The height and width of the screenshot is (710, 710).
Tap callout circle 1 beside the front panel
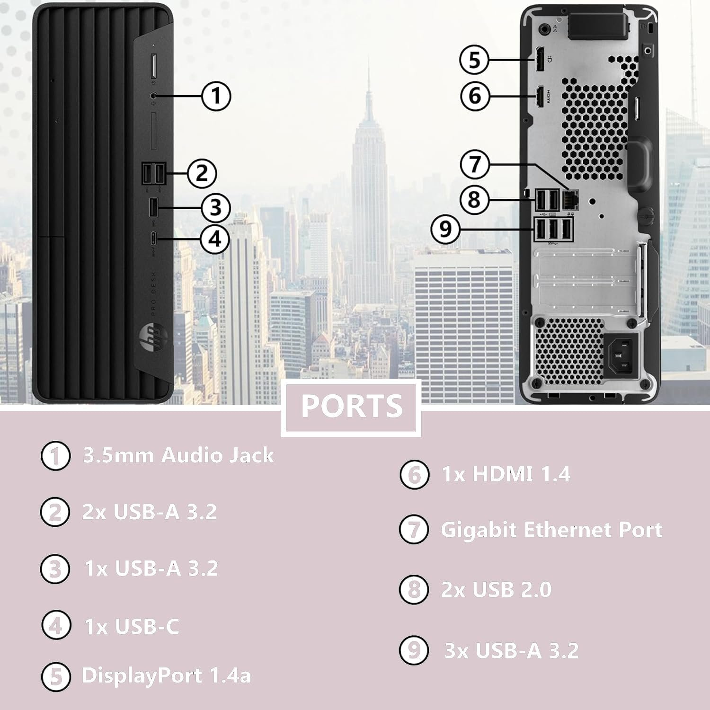[216, 96]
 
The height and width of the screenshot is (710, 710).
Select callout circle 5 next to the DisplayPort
[475, 60]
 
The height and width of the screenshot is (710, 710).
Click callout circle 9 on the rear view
[445, 229]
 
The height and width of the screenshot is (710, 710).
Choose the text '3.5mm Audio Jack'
[178, 455]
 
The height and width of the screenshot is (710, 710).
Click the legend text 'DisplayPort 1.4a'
[166, 675]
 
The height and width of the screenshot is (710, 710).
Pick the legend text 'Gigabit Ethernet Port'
[551, 530]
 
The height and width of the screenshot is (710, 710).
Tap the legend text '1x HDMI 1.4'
[506, 474]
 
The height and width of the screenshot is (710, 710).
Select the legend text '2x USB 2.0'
[496, 589]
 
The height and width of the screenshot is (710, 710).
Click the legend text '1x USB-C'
[132, 626]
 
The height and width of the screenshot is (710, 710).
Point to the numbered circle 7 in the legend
[414, 529]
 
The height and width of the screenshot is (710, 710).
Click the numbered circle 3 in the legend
[55, 568]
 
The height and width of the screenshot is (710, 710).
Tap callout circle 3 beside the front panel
[216, 207]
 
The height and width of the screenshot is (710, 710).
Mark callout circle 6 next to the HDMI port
[475, 96]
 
